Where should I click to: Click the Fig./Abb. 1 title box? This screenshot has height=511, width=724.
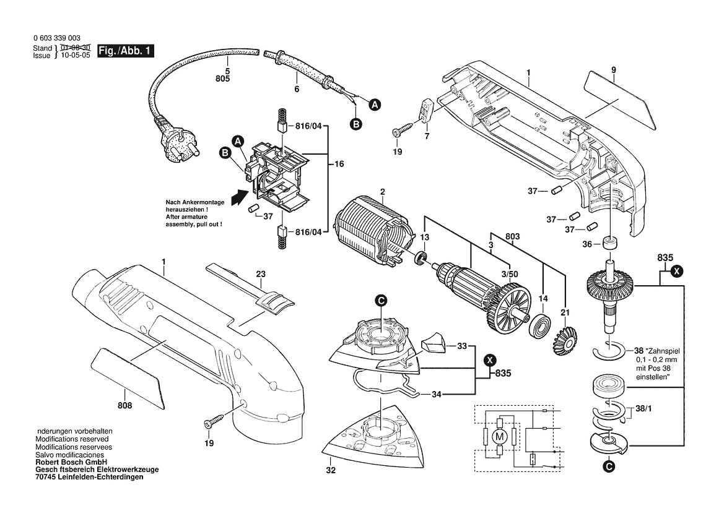click(x=126, y=51)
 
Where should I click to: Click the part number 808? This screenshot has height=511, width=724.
click(x=124, y=405)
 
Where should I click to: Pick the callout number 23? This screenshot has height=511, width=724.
click(x=261, y=274)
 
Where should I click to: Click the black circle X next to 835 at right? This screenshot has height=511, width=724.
click(x=677, y=271)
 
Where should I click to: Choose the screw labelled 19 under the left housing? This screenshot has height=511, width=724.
click(x=213, y=421)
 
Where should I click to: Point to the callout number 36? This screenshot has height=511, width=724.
click(x=587, y=244)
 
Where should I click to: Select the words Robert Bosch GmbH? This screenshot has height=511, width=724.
click(x=71, y=462)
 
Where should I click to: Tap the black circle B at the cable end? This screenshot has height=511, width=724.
click(x=356, y=124)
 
